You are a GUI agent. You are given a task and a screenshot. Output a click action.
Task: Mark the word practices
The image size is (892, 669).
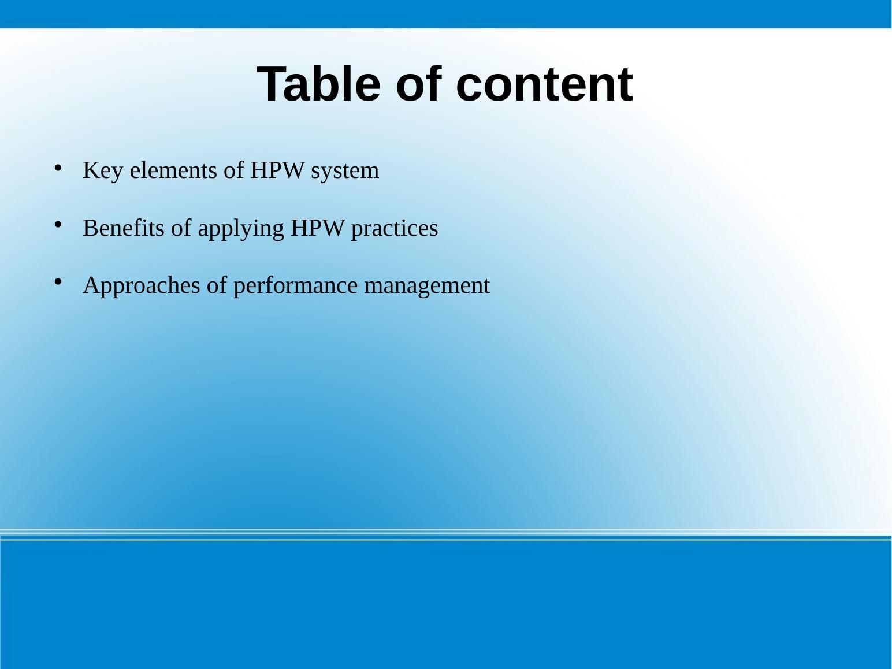click(395, 229)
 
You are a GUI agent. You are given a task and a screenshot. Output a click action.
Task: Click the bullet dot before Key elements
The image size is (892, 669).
click(58, 168)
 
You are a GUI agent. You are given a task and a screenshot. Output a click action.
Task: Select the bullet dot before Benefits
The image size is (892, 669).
click(58, 225)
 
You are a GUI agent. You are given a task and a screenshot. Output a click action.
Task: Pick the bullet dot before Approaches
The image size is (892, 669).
click(58, 281)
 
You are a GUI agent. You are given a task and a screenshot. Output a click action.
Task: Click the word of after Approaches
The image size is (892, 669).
click(216, 286)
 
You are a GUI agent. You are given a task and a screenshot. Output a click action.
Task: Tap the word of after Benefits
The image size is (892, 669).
click(181, 228)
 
